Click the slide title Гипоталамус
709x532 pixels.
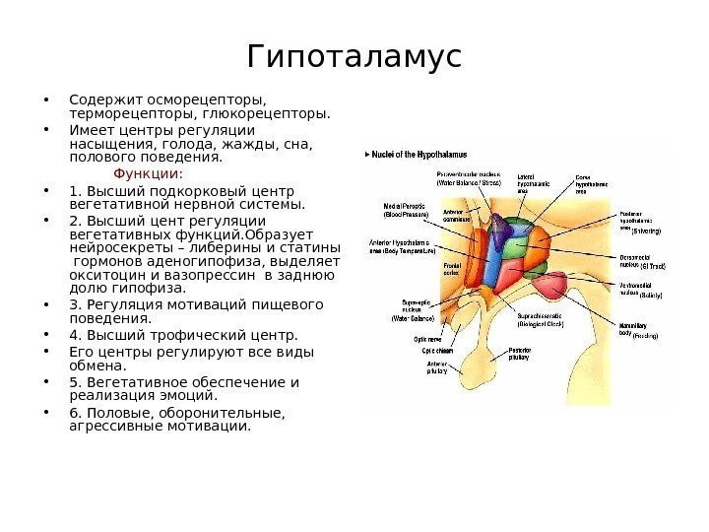(354, 56)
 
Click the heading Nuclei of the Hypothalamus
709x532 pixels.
(419, 155)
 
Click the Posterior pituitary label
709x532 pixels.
(521, 354)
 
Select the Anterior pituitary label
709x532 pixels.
(437, 366)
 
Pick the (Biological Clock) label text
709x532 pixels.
(540, 322)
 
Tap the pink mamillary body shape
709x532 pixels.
(560, 285)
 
